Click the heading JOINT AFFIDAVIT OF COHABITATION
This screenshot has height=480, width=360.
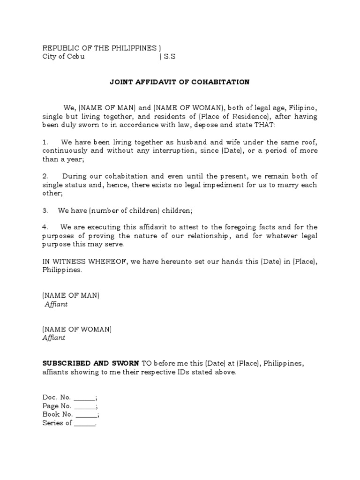click(x=180, y=82)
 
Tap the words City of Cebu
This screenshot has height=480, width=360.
click(x=63, y=57)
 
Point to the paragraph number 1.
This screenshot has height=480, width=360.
click(x=45, y=142)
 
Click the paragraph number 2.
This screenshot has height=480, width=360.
click(x=45, y=176)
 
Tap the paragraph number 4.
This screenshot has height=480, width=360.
click(x=45, y=227)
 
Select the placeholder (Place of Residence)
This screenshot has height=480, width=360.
click(x=232, y=116)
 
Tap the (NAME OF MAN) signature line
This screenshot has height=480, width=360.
click(x=71, y=295)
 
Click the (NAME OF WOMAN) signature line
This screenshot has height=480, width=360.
click(x=77, y=329)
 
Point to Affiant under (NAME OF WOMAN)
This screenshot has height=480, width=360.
click(x=54, y=337)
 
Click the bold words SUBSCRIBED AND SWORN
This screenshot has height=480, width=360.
click(x=90, y=363)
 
